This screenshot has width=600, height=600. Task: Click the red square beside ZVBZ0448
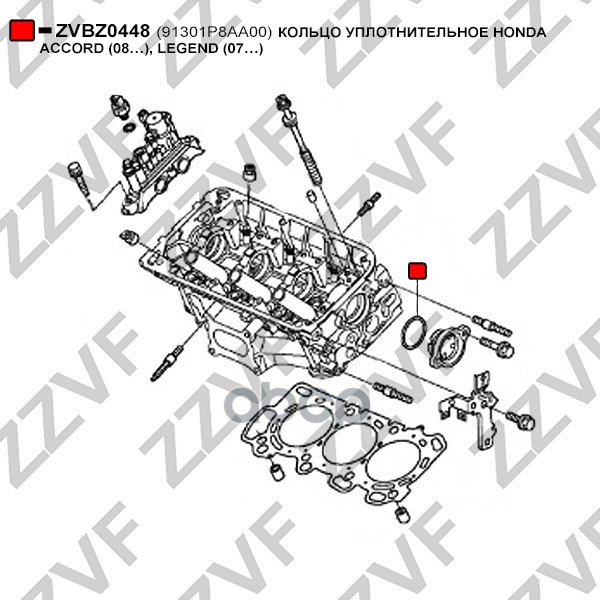pyautogui.click(x=21, y=30)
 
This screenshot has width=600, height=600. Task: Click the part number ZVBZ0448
pyautogui.click(x=102, y=31)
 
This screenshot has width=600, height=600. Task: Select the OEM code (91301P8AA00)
pyautogui.click(x=214, y=33)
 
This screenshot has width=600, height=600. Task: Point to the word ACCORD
pyautogui.click(x=72, y=49)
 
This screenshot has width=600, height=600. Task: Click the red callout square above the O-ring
pyautogui.click(x=417, y=271)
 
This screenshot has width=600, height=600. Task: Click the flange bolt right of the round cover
pyautogui.click(x=497, y=345)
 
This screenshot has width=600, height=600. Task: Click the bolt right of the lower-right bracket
pyautogui.click(x=521, y=420)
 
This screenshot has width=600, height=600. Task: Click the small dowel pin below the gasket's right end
pyautogui.click(x=402, y=514)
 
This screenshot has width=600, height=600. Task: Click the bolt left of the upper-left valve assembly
pyautogui.click(x=78, y=177)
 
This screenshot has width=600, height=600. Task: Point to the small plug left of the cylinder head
pyautogui.click(x=128, y=237)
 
